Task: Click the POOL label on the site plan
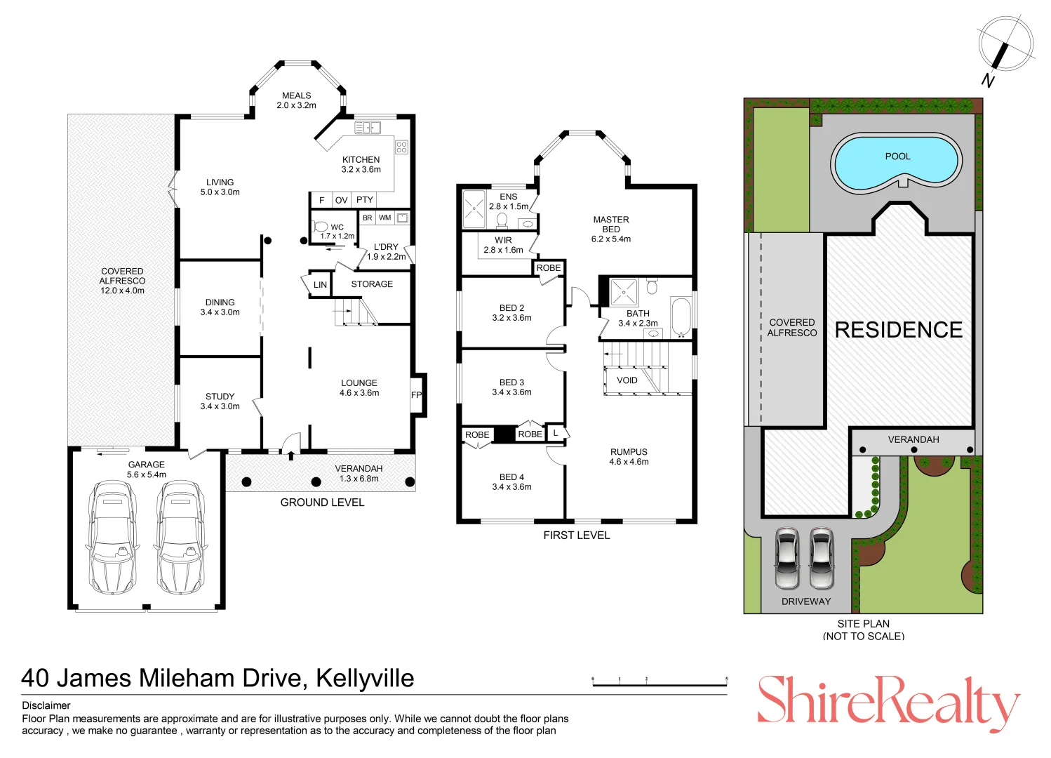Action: tap(897, 157)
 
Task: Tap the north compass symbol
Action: tap(1005, 46)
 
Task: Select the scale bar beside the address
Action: tap(660, 682)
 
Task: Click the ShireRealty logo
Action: tap(889, 702)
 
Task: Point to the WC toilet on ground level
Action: tap(321, 227)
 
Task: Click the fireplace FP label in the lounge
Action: tap(416, 394)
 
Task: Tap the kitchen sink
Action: tap(368, 127)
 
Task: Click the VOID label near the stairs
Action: tap(627, 380)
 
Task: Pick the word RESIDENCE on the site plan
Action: tap(899, 330)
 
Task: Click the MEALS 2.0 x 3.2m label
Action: tap(296, 100)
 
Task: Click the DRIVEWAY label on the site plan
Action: tap(805, 601)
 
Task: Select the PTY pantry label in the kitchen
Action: tap(365, 200)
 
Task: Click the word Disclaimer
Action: tap(46, 705)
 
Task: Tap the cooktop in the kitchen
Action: tap(401, 147)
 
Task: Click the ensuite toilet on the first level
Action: tap(502, 220)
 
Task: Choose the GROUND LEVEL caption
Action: tap(322, 503)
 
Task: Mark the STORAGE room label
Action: tap(372, 284)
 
